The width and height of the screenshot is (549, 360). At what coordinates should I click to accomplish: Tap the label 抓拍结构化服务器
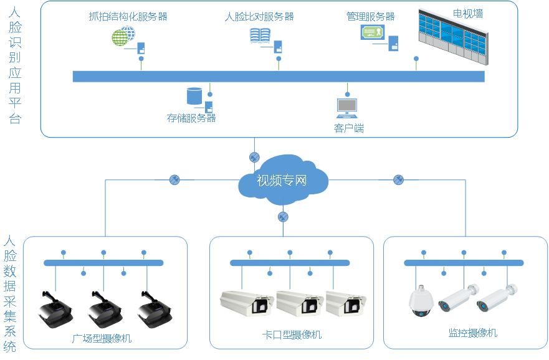click(128, 17)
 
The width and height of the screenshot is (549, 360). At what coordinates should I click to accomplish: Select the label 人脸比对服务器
click(259, 17)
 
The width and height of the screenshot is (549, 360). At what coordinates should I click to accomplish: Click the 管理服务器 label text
click(370, 17)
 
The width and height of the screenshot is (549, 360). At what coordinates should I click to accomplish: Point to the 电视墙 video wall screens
click(453, 36)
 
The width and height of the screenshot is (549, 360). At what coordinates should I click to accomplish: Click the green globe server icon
click(123, 36)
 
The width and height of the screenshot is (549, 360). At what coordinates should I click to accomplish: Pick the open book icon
click(260, 36)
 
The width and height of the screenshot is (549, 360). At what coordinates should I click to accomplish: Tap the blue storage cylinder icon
click(195, 96)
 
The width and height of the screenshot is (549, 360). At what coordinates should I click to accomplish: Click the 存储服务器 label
click(191, 118)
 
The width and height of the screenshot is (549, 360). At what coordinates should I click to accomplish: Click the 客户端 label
click(348, 128)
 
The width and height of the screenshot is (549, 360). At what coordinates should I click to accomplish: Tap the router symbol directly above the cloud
click(254, 156)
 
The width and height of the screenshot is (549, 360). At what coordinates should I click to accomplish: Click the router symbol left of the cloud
click(174, 180)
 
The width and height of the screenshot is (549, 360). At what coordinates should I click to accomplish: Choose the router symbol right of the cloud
click(399, 180)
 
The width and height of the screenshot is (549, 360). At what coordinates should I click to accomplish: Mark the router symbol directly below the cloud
click(283, 217)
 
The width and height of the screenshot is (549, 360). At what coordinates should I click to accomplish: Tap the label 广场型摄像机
click(102, 339)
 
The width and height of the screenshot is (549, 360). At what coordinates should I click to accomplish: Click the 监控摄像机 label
click(472, 333)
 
